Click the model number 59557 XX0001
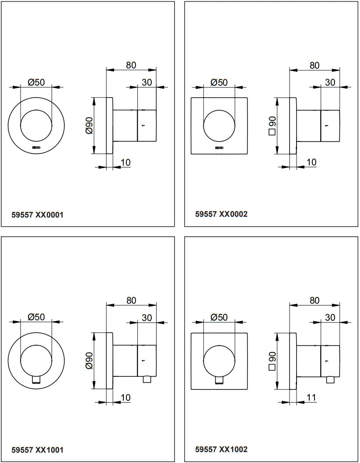37,215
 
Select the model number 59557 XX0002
221,214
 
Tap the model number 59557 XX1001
37,450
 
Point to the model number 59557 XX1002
221,449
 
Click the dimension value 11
312,397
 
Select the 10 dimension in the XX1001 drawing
125,397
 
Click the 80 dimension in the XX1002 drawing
315,300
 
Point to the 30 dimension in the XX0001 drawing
147,82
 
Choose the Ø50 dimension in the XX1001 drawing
36,317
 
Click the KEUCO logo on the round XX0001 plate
36,148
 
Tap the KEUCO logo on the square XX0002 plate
219,148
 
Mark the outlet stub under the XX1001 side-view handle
147,379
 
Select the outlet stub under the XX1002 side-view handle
330,379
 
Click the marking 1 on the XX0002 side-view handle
326,125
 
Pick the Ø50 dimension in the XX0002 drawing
219,82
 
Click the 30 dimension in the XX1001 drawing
147,317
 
